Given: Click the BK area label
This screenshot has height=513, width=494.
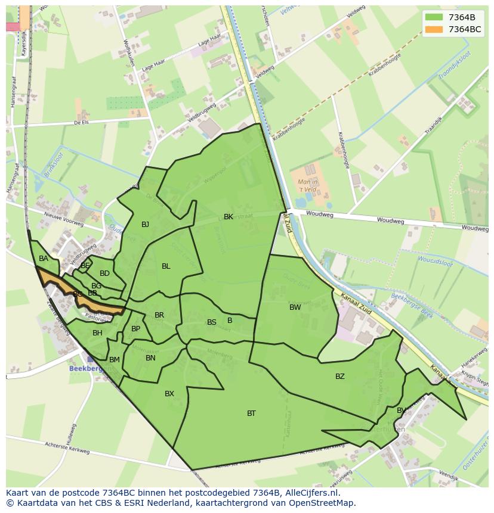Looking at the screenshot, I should tap(229, 217).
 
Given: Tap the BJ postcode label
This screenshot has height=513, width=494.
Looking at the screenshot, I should tap(145, 225).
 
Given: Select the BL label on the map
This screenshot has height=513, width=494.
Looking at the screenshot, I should tap(166, 266).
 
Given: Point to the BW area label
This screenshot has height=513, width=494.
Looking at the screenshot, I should tap(295, 307).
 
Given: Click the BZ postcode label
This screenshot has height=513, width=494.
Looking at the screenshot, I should tap(339, 376).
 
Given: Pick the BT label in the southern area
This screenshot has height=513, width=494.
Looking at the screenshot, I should tap(251, 413).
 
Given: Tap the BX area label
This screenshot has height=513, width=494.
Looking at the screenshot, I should tap(169, 394).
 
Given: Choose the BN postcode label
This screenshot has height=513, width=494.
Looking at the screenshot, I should tap(150, 358).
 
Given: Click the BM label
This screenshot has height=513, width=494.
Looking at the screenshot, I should tap(115, 360).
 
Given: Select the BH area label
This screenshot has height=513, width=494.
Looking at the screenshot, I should tap(97, 333).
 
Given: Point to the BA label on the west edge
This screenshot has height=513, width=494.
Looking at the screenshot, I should tap(44, 259).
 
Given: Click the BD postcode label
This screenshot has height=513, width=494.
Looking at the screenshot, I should tap(104, 273).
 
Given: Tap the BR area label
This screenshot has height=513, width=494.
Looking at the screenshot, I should tap(159, 315).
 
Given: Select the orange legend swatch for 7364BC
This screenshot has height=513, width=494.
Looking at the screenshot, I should tap(434, 29).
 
